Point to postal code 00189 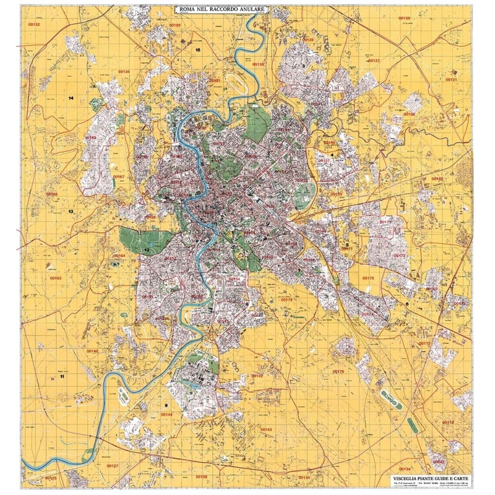pos(175,25)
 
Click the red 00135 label pos(124,72)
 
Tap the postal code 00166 pos(53,194)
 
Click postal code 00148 pos(92,351)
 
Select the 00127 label pos(112,465)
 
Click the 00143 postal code pos(266,429)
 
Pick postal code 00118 pos(448,422)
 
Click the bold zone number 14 pos(71,98)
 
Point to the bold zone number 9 pos(166,405)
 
